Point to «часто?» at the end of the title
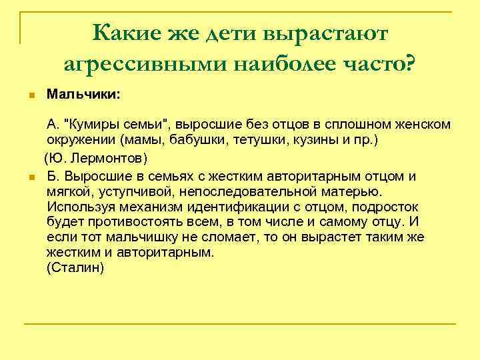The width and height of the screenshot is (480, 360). coord(379,63)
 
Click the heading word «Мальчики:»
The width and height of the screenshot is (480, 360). coord(83,95)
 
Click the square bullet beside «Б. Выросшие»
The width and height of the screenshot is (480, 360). coord(31,177)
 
